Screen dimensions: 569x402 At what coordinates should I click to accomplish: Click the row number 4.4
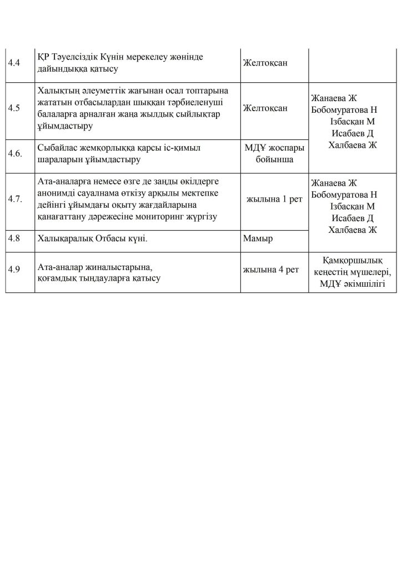point(14,63)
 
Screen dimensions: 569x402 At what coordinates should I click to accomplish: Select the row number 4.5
point(14,108)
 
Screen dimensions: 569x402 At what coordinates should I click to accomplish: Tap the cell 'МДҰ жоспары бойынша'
point(274,154)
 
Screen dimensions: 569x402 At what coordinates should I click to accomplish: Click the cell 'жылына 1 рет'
point(274,199)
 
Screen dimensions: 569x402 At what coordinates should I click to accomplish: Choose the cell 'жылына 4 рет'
point(270,269)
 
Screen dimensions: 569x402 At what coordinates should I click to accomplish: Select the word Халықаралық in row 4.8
point(66,238)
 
